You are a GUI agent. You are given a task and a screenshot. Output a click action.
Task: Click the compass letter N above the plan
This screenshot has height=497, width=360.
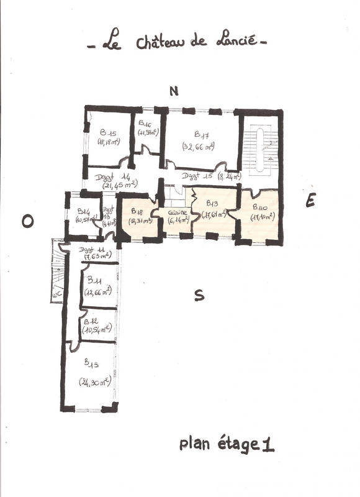(x=174, y=91)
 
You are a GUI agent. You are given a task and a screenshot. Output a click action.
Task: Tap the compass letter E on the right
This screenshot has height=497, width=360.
(x=310, y=200)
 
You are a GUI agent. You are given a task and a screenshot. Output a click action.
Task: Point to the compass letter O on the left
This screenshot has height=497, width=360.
(x=27, y=221)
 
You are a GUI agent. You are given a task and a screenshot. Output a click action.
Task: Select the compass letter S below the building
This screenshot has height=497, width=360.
(x=199, y=296)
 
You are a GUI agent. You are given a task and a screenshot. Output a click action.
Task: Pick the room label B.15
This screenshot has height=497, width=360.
(x=109, y=132)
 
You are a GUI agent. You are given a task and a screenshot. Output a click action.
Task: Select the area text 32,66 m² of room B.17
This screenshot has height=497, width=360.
(x=199, y=147)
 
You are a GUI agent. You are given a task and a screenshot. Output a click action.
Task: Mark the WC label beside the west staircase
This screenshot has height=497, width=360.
(x=56, y=295)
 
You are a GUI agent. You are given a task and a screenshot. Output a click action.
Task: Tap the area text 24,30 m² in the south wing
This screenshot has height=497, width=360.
(x=94, y=381)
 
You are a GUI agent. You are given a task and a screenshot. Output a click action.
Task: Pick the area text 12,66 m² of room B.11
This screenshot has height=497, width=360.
(x=98, y=292)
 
